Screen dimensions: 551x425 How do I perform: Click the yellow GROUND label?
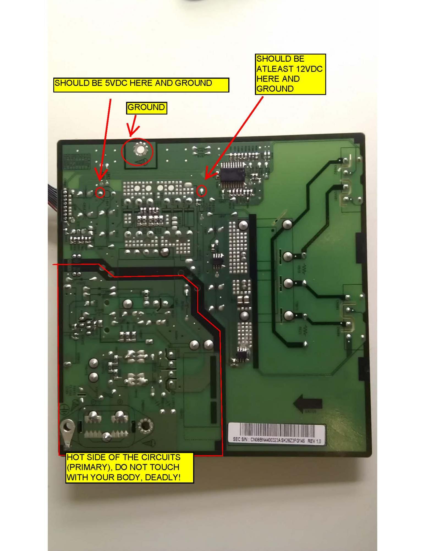coord(146,107)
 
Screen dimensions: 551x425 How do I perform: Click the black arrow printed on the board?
coord(307,404)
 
